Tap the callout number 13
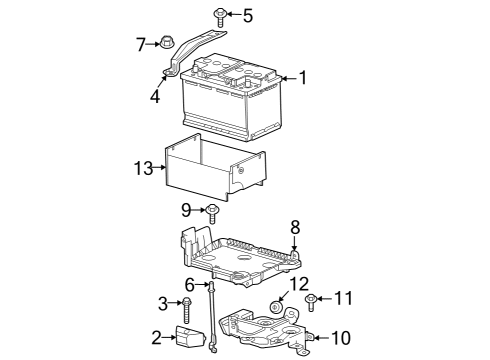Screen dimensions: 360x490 click(x=144, y=167)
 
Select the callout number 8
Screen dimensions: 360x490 click(x=295, y=227)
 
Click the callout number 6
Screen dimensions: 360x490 click(x=190, y=285)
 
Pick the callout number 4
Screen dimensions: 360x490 click(x=156, y=97)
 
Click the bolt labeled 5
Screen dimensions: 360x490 click(x=219, y=15)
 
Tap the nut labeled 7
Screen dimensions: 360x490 click(x=168, y=43)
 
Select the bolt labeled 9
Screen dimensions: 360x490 click(x=213, y=210)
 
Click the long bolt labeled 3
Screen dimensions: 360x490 click(x=186, y=305)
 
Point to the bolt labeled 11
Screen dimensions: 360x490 click(x=312, y=298)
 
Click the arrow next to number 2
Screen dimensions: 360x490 click(x=167, y=338)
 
